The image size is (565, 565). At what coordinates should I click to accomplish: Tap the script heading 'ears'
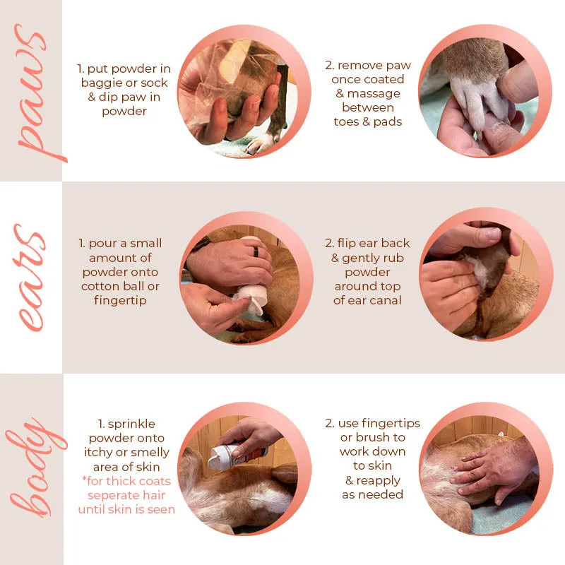[x=30, y=278]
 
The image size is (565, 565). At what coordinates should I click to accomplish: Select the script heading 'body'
[x=36, y=468]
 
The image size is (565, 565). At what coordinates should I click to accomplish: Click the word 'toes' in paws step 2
[x=347, y=121]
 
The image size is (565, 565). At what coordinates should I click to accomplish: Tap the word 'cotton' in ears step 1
[x=100, y=286]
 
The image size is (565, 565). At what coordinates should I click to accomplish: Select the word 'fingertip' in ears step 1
[x=120, y=301]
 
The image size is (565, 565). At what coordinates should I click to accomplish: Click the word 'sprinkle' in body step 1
[x=131, y=424]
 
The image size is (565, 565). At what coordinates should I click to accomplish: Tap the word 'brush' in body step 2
[x=373, y=437]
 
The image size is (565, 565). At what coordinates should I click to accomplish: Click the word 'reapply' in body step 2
[x=379, y=481]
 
